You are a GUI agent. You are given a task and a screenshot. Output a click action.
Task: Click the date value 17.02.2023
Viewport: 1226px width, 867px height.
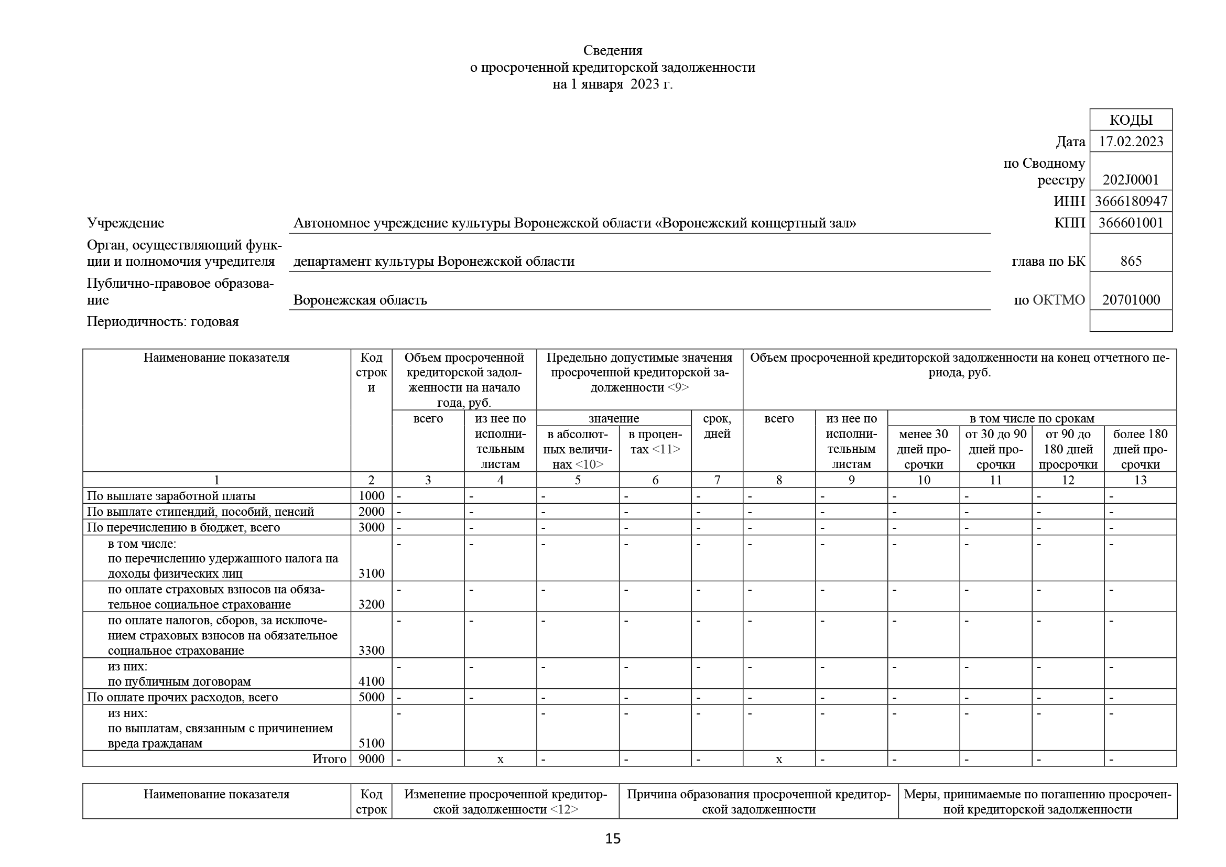tap(1131, 142)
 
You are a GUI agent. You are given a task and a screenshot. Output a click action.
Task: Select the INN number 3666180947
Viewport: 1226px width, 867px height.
tap(1131, 201)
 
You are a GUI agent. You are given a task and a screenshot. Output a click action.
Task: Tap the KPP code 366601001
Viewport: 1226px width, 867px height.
tap(1131, 223)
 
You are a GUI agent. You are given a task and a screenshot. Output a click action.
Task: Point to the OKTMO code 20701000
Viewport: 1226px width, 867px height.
tap(1131, 299)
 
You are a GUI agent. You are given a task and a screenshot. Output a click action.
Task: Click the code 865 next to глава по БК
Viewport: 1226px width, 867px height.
tap(1131, 261)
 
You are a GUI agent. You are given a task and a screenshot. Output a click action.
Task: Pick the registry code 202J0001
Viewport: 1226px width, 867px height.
tap(1131, 180)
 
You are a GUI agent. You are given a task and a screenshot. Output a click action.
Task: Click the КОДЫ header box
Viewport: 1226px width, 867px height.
tap(1131, 120)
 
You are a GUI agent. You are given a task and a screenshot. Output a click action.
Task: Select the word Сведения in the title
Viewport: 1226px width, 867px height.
tap(612, 50)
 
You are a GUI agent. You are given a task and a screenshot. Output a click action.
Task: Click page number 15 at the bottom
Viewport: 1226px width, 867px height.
tap(612, 839)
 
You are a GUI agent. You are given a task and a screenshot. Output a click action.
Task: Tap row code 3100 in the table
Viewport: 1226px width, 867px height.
tap(371, 573)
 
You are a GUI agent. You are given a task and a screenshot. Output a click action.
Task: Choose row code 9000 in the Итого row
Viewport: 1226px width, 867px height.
tap(371, 758)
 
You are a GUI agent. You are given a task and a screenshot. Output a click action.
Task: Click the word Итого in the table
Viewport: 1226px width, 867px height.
tap(329, 758)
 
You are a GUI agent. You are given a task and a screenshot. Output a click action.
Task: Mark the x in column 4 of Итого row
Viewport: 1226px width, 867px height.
tap(500, 759)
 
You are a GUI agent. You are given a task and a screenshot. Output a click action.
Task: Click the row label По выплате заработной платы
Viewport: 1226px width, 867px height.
tap(171, 496)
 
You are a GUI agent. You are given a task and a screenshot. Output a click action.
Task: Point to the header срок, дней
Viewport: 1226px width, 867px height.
tap(717, 426)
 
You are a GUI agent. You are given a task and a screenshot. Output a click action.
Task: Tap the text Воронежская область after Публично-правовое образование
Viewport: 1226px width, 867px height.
tap(360, 300)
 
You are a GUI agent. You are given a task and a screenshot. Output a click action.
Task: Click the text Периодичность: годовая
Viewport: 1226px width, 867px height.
tap(163, 321)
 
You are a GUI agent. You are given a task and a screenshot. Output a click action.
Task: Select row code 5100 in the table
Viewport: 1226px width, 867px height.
tap(371, 743)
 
